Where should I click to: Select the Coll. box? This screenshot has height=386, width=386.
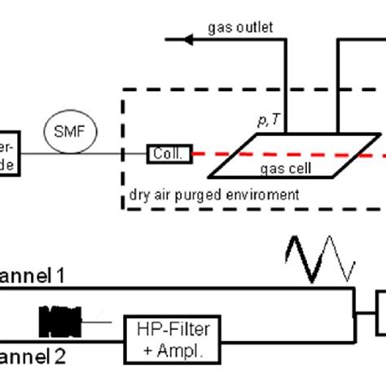pos(169,152)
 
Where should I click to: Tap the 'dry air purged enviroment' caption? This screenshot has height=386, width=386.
pos(214,195)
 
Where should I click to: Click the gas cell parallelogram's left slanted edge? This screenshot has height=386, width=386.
pos(229,156)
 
